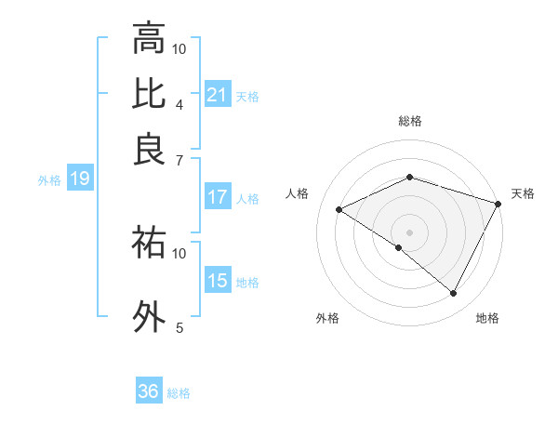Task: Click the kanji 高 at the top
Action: coord(149,40)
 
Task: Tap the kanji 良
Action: coord(149,150)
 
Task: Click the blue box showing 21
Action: coord(217,95)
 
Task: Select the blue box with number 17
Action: coord(217,197)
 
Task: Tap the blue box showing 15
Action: coord(217,281)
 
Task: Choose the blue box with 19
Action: coord(79,179)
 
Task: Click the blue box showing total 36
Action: coord(148,391)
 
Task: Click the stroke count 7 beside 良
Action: coord(179,159)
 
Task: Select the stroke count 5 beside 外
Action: coord(179,326)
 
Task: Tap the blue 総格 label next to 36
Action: coord(179,393)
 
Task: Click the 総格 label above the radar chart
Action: coord(409,121)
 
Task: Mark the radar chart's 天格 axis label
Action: coord(523,193)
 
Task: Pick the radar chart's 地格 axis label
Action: coord(487,318)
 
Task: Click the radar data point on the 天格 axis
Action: coord(498,204)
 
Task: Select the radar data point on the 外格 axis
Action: coord(399,247)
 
